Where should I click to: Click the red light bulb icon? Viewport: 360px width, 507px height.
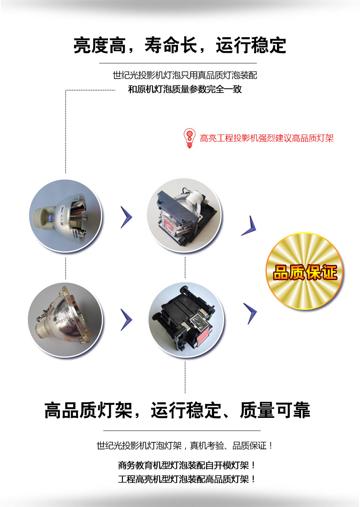tap(189, 138)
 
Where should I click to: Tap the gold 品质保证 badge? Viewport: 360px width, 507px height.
tap(304, 271)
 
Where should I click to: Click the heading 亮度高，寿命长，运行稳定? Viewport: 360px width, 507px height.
tap(180, 45)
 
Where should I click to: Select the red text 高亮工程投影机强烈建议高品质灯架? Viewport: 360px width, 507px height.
tap(267, 138)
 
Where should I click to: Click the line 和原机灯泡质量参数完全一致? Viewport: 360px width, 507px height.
tap(185, 89)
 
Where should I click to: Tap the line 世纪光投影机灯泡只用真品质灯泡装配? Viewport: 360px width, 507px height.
tap(185, 75)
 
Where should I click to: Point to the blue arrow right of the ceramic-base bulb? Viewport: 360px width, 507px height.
tap(126, 217)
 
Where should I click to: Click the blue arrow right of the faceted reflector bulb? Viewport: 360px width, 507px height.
tap(126, 320)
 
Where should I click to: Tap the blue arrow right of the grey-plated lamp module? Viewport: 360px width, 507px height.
tap(249, 226)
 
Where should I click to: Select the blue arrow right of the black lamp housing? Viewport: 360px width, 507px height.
tap(250, 314)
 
